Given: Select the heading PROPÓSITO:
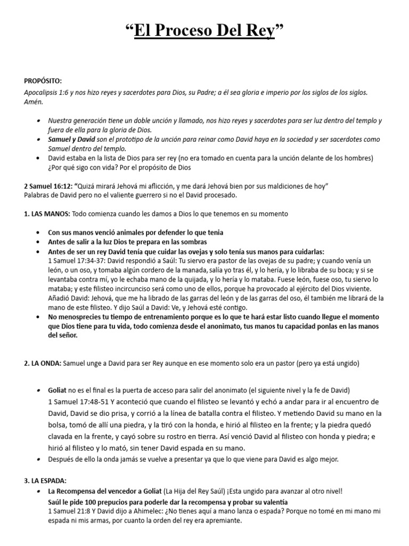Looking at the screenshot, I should (43, 81).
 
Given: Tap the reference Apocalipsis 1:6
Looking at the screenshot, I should (45, 92).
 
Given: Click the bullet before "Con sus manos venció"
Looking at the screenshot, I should (40, 232).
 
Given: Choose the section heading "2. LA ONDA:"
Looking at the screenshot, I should (43, 364).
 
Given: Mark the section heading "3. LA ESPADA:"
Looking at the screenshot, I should (45, 480).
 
